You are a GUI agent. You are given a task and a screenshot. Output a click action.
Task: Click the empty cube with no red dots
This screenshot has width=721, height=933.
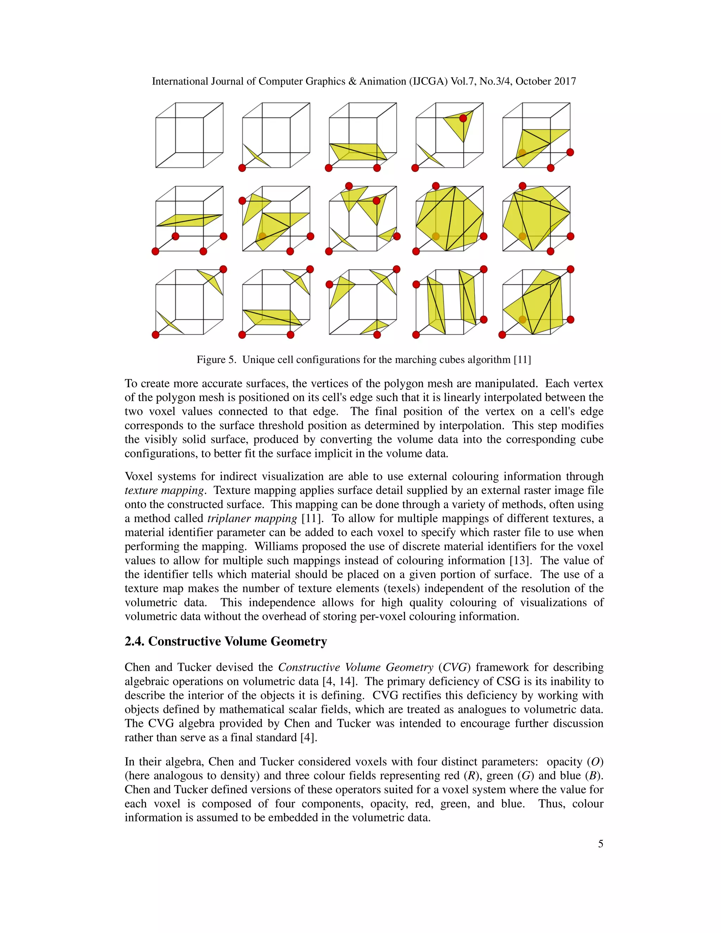click(189, 135)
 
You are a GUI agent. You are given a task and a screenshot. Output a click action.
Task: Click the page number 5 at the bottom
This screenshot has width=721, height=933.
click(600, 844)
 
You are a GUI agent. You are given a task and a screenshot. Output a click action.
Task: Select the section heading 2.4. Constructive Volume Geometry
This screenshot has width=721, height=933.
click(226, 641)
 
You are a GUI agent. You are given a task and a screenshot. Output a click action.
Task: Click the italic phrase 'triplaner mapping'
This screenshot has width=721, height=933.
click(252, 518)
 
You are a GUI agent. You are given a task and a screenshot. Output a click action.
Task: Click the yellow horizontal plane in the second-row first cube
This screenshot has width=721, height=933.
click(188, 220)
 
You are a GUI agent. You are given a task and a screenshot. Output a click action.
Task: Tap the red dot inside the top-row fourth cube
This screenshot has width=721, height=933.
click(463, 118)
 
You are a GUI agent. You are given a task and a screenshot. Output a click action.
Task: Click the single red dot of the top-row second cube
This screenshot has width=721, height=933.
click(242, 168)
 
